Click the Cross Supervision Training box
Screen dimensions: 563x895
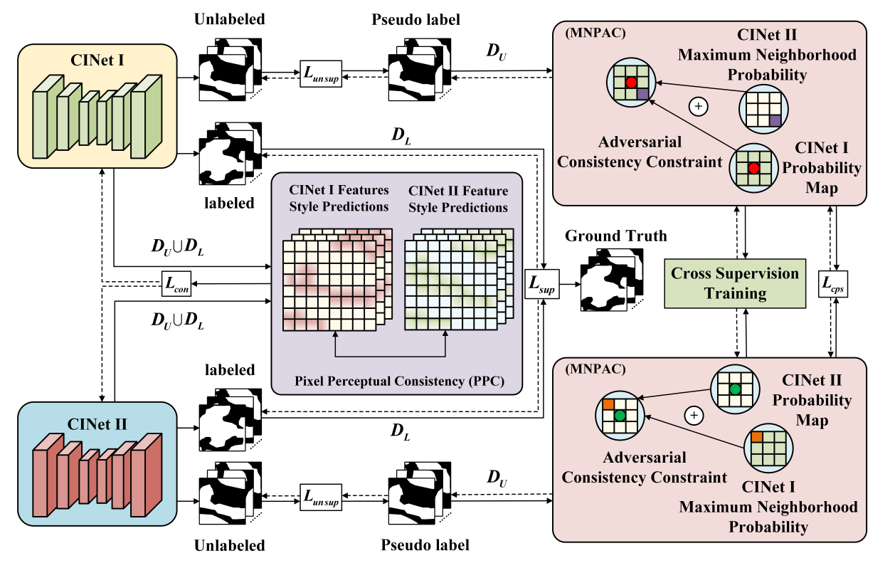point(735,283)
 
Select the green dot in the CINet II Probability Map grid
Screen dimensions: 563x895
point(734,389)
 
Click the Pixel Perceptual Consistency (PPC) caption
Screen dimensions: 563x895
point(399,382)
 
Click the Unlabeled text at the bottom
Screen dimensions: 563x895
point(230,546)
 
